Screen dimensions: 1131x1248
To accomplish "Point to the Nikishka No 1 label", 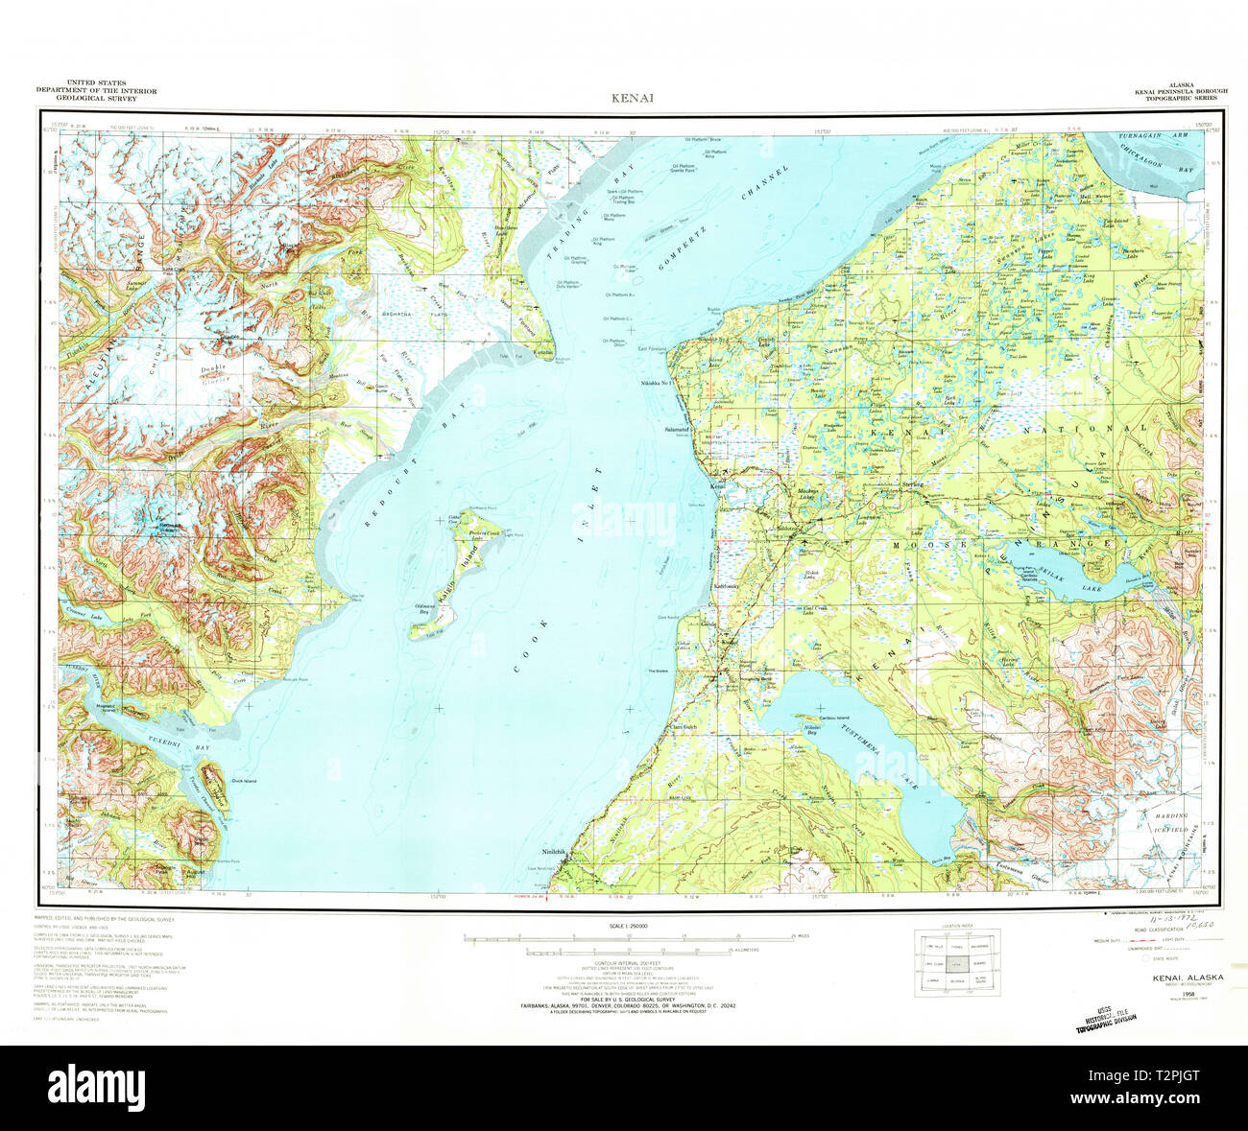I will coord(660,382).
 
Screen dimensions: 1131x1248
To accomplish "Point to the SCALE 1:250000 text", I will coord(623,926).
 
